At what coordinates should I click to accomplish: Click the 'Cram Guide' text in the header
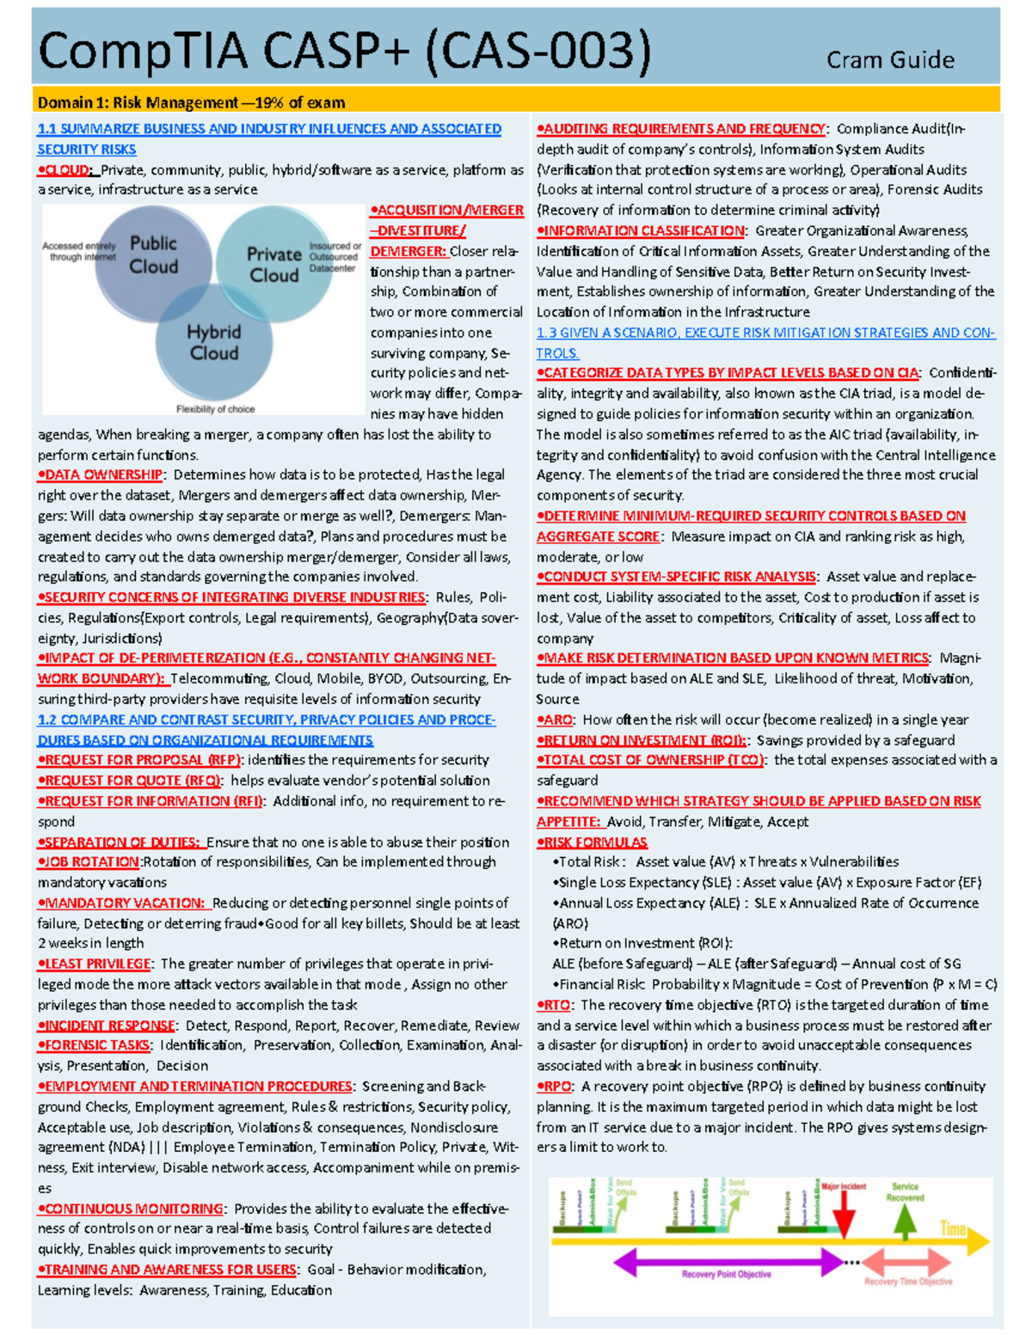click(890, 60)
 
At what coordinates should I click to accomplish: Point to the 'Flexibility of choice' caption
click(216, 409)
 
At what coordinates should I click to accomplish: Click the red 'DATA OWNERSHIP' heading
click(102, 475)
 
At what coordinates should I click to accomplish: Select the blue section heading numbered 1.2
click(266, 730)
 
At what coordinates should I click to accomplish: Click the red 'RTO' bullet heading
click(556, 1005)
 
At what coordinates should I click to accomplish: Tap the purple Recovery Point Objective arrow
click(728, 1262)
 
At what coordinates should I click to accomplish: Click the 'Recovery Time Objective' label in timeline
click(908, 1282)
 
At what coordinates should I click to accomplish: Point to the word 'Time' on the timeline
click(952, 1228)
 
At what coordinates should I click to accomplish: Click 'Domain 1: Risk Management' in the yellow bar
click(138, 103)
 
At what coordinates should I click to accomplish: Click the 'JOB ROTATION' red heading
click(91, 861)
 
